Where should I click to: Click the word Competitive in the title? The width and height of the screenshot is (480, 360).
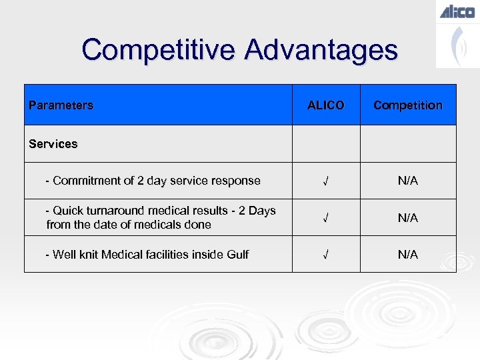(159, 50)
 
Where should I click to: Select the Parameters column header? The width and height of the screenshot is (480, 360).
(61, 105)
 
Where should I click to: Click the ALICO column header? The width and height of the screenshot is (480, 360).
(325, 105)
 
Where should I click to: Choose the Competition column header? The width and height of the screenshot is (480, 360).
(407, 105)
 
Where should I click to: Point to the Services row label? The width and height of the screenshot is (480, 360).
(53, 144)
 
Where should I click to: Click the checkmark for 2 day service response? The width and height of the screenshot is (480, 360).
(325, 181)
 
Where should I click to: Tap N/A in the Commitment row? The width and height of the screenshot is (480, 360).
(407, 181)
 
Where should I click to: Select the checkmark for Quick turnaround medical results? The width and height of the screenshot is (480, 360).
(325, 218)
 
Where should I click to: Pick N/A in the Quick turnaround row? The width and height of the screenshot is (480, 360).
(407, 218)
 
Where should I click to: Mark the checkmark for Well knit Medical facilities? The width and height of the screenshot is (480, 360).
(325, 255)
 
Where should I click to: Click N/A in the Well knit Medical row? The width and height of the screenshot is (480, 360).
(407, 255)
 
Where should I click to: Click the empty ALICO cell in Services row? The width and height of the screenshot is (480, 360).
(325, 144)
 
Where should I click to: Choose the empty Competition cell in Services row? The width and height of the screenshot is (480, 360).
(407, 144)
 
